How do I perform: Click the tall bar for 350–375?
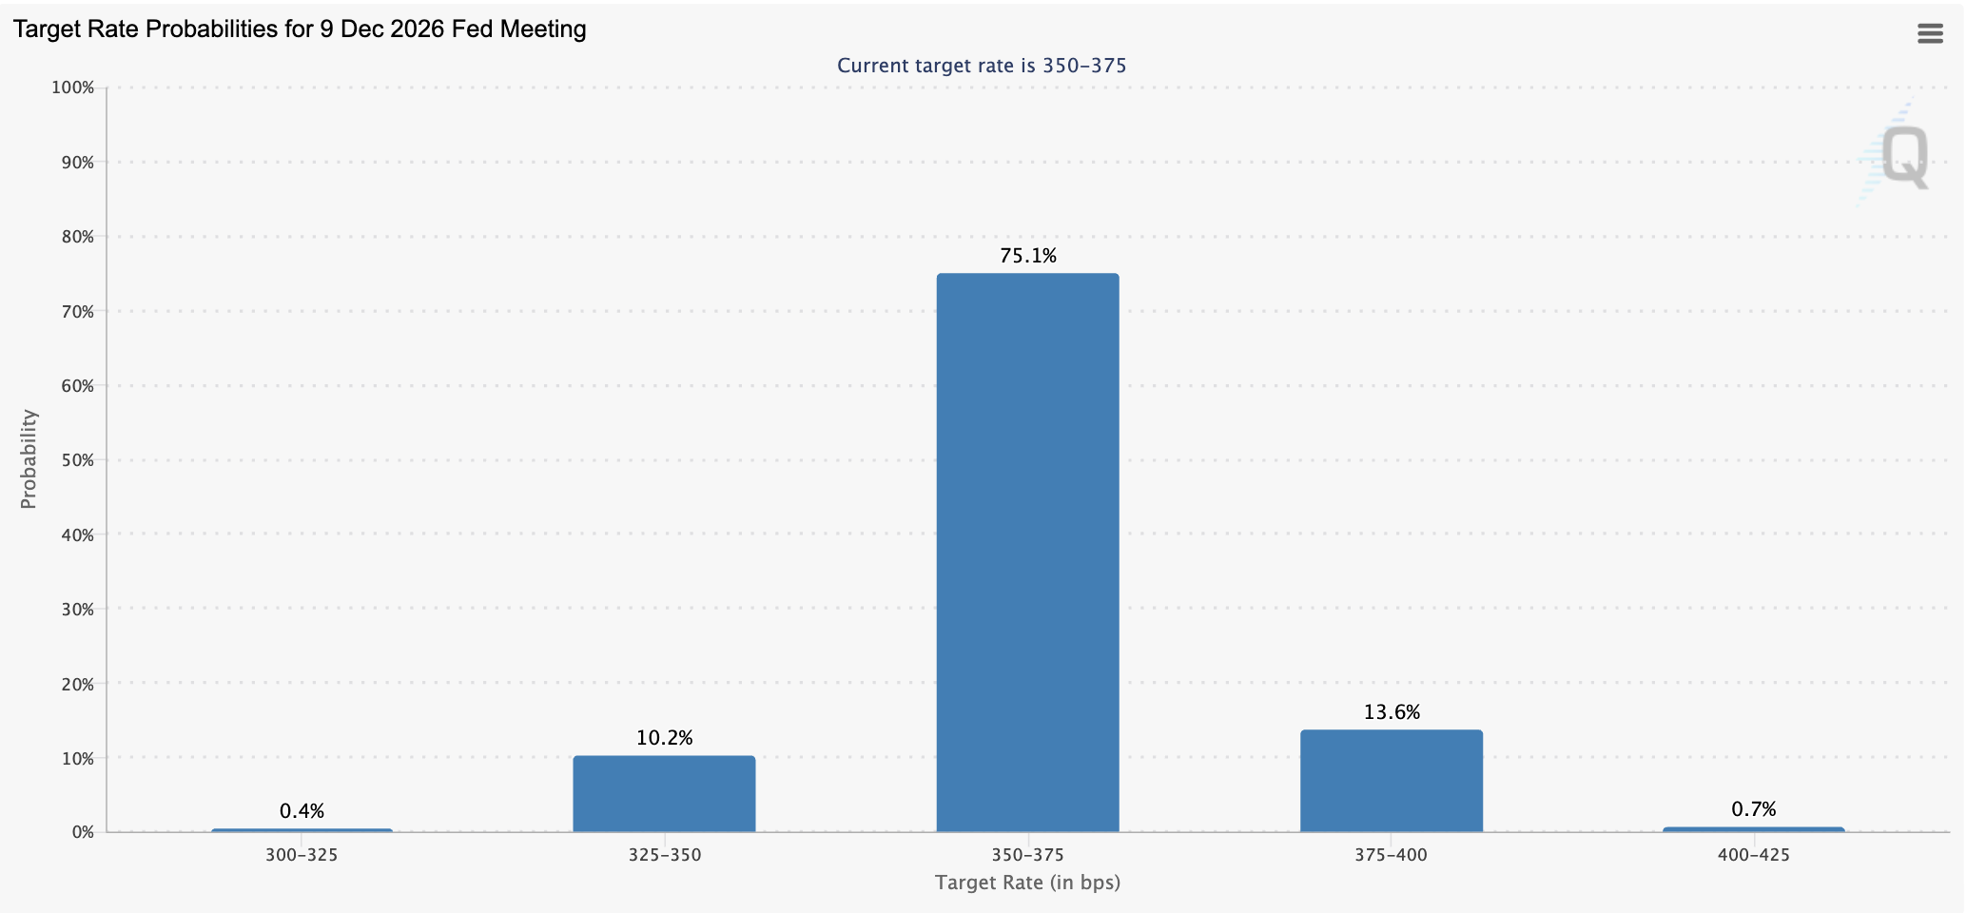[1027, 553]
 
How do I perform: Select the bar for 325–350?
[664, 794]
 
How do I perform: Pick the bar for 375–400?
[1391, 781]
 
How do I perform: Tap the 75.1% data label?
[1028, 256]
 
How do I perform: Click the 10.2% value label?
[664, 738]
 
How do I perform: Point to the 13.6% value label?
[1392, 712]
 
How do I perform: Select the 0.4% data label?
[302, 811]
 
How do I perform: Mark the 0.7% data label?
[1754, 809]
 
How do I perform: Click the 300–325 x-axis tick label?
[302, 855]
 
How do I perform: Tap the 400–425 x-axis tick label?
[1754, 855]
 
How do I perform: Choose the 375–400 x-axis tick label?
[1391, 855]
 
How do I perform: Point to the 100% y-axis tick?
[73, 87]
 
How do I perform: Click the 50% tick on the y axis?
[77, 460]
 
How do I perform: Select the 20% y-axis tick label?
[77, 684]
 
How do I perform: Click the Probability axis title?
[29, 459]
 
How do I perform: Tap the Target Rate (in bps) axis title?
[1027, 883]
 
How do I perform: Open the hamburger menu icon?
[1930, 34]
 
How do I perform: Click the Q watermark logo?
[1894, 155]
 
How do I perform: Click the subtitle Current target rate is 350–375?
[982, 66]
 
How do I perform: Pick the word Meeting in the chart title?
[546, 29]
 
